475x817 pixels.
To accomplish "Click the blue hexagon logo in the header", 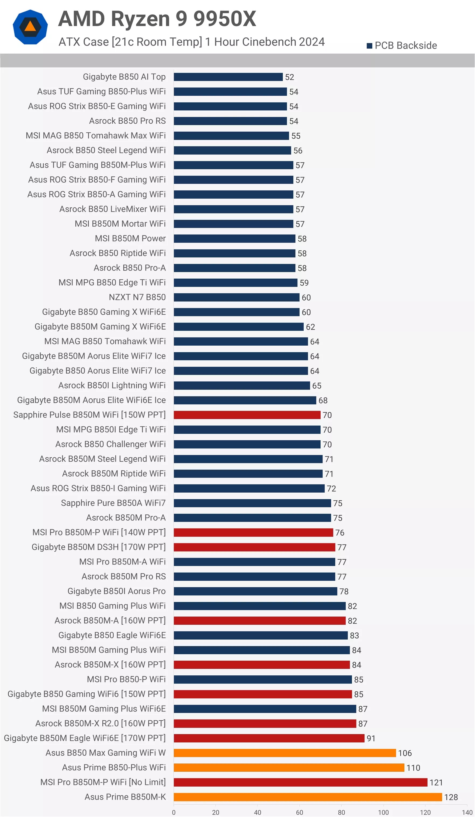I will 30,27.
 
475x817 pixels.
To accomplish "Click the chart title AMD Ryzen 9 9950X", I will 157,19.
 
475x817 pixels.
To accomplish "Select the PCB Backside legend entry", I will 402,45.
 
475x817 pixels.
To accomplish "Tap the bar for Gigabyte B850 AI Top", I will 228,77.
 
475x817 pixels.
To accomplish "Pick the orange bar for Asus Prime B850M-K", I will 308,797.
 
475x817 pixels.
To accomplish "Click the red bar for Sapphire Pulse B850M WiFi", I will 247,415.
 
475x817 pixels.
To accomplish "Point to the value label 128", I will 451,797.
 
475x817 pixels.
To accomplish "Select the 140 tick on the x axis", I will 467,812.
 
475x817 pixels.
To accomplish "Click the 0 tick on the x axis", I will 174,812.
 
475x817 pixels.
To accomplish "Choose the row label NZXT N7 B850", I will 137,297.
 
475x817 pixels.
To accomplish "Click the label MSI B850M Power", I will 130,239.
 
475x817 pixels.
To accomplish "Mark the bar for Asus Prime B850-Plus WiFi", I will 289,767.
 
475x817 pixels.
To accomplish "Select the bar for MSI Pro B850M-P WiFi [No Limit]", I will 300,782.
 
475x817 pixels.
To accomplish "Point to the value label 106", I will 405,753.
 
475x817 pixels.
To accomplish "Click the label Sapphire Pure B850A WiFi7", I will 113,503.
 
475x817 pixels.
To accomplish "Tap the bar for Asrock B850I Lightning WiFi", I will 242,385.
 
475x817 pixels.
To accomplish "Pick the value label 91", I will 371,738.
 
